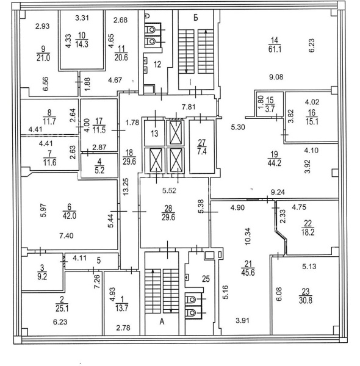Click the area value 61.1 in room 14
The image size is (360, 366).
coord(275,49)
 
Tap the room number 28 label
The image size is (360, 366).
coord(168,208)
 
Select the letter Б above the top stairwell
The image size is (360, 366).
coord(196,18)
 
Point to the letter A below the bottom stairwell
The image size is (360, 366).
coord(162,321)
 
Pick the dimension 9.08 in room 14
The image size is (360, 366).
coord(276,77)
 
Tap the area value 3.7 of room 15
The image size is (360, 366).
coord(270,109)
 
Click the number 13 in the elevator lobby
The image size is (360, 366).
coord(154,134)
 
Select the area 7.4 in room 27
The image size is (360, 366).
coord(202,151)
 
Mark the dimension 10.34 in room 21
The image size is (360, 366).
coord(248,236)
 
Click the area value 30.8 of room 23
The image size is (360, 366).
coord(305,300)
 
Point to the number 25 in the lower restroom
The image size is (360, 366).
coord(206,279)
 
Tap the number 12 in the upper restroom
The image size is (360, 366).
coord(157,64)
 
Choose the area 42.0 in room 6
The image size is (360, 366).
coord(70,216)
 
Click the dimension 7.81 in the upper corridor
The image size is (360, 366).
coord(189,107)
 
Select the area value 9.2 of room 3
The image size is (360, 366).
coord(42,276)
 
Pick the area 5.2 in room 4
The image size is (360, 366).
coord(99,170)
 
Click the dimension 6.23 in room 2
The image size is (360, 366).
coord(60,322)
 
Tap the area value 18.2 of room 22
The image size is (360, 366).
coord(308,232)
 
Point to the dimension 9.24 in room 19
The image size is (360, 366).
coord(278,192)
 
